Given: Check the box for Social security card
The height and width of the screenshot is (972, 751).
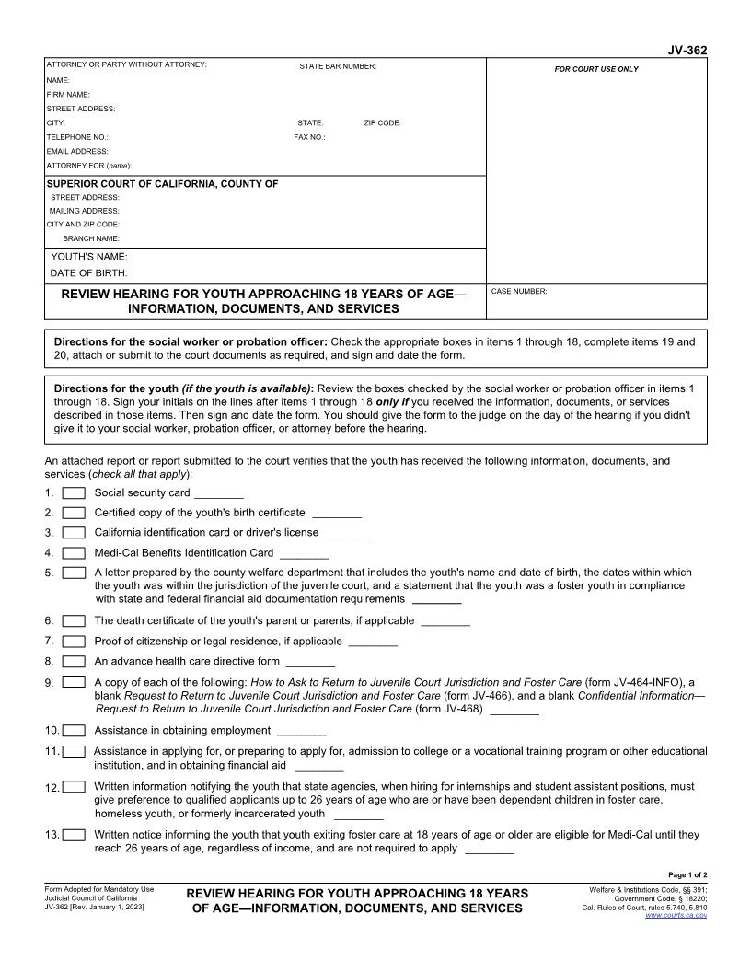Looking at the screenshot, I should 74,493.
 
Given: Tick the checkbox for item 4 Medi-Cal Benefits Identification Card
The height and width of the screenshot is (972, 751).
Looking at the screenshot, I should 74,553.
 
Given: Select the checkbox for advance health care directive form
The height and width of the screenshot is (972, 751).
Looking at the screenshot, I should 74,661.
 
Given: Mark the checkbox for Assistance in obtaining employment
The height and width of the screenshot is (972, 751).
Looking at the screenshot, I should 74,731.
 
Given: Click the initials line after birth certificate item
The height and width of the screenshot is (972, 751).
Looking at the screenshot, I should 337,514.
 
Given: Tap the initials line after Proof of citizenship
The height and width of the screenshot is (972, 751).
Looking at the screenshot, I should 373,642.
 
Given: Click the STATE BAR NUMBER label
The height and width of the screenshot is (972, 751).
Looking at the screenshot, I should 337,66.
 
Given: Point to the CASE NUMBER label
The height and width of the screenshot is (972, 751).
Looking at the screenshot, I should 519,292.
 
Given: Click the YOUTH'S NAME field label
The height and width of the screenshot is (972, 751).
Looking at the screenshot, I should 88,258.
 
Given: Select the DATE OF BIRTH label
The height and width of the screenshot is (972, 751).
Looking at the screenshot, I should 88,273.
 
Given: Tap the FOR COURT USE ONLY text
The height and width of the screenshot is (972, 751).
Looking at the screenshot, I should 595,69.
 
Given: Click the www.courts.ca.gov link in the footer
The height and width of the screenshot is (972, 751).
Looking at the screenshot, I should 676,916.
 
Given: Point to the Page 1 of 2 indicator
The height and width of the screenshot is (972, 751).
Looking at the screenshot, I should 687,874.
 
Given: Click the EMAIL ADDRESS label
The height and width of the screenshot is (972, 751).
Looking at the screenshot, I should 77,151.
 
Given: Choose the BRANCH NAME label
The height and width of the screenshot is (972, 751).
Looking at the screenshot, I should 91,238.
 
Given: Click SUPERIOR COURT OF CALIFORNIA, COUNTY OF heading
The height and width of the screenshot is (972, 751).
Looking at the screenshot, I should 162,184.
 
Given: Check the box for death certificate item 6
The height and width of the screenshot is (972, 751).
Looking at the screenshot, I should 74,621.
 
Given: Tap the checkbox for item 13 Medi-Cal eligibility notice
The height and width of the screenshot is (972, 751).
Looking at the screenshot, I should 74,835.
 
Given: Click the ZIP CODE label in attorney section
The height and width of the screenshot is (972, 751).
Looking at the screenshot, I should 382,123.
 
